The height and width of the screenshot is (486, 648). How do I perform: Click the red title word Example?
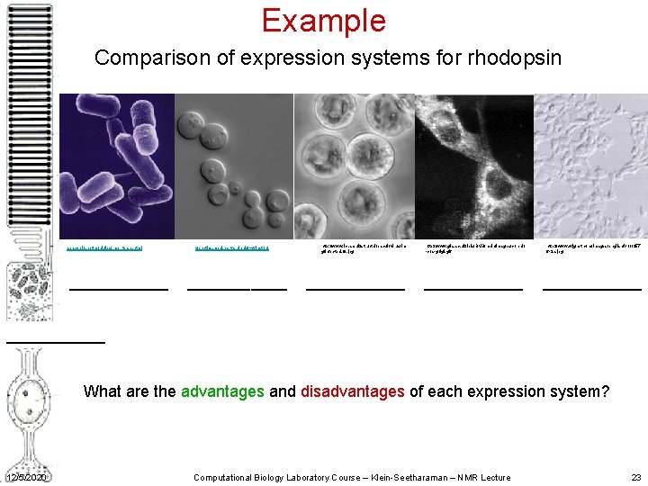(x=323, y=21)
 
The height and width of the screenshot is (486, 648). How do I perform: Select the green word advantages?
(x=222, y=391)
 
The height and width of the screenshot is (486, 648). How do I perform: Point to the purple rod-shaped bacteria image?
(x=117, y=166)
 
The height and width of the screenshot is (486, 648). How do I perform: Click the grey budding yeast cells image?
(x=234, y=166)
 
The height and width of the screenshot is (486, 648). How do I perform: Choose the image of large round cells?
(x=354, y=166)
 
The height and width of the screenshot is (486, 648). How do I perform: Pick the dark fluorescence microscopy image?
(x=473, y=166)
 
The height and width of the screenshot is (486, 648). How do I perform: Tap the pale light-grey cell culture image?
(x=589, y=166)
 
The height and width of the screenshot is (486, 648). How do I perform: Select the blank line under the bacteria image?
(x=119, y=289)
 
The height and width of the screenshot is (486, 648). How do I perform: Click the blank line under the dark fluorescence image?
(x=472, y=289)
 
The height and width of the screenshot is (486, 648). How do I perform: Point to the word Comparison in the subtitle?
(x=144, y=58)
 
